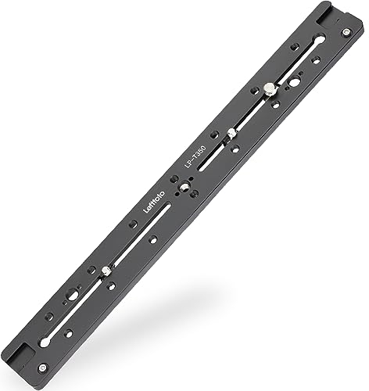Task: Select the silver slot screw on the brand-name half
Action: (105, 271)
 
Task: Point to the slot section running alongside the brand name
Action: (141, 235)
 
